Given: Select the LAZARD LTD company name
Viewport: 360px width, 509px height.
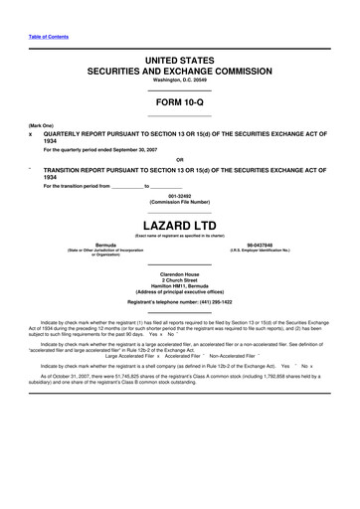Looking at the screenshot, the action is click(179, 225).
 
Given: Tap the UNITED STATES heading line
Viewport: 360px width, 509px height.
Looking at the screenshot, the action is click(179, 62).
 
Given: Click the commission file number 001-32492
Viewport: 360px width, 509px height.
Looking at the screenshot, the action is click(179, 196).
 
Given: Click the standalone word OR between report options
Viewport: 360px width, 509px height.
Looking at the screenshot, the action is click(179, 159).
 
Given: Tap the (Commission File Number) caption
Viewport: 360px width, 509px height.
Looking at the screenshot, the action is click(179, 203).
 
